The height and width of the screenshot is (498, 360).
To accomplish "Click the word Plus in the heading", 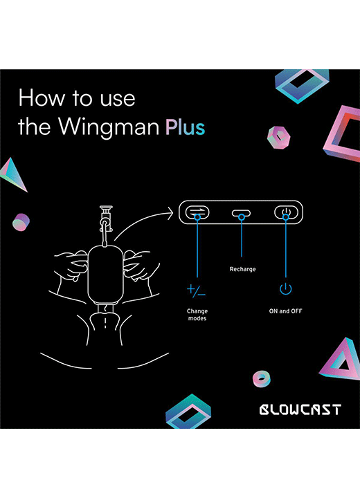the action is click(185, 127).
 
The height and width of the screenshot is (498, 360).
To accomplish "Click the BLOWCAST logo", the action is click(300, 409).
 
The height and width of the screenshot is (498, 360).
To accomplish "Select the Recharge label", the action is click(242, 269).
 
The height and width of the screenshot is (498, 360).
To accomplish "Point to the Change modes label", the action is click(197, 315).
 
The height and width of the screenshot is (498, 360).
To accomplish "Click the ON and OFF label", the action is click(285, 311).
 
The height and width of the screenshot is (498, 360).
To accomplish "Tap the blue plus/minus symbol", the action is click(196, 290).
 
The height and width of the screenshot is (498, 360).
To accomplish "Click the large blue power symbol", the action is click(286, 288).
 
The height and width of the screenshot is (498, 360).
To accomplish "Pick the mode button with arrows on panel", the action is click(197, 212).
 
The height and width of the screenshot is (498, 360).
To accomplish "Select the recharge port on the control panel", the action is click(241, 214).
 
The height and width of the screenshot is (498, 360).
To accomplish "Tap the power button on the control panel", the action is click(286, 212).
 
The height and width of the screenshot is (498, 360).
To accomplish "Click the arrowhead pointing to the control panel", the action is click(170, 212).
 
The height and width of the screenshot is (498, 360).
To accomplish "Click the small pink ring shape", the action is click(262, 379).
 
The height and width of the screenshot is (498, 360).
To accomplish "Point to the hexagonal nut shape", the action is click(278, 137).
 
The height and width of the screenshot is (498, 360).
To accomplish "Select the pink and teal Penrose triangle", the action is click(341, 359).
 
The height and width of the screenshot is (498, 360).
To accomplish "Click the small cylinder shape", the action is click(21, 222).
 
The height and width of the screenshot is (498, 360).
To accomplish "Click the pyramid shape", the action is click(14, 174).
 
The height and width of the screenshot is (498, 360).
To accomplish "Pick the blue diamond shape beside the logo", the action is click(188, 412).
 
